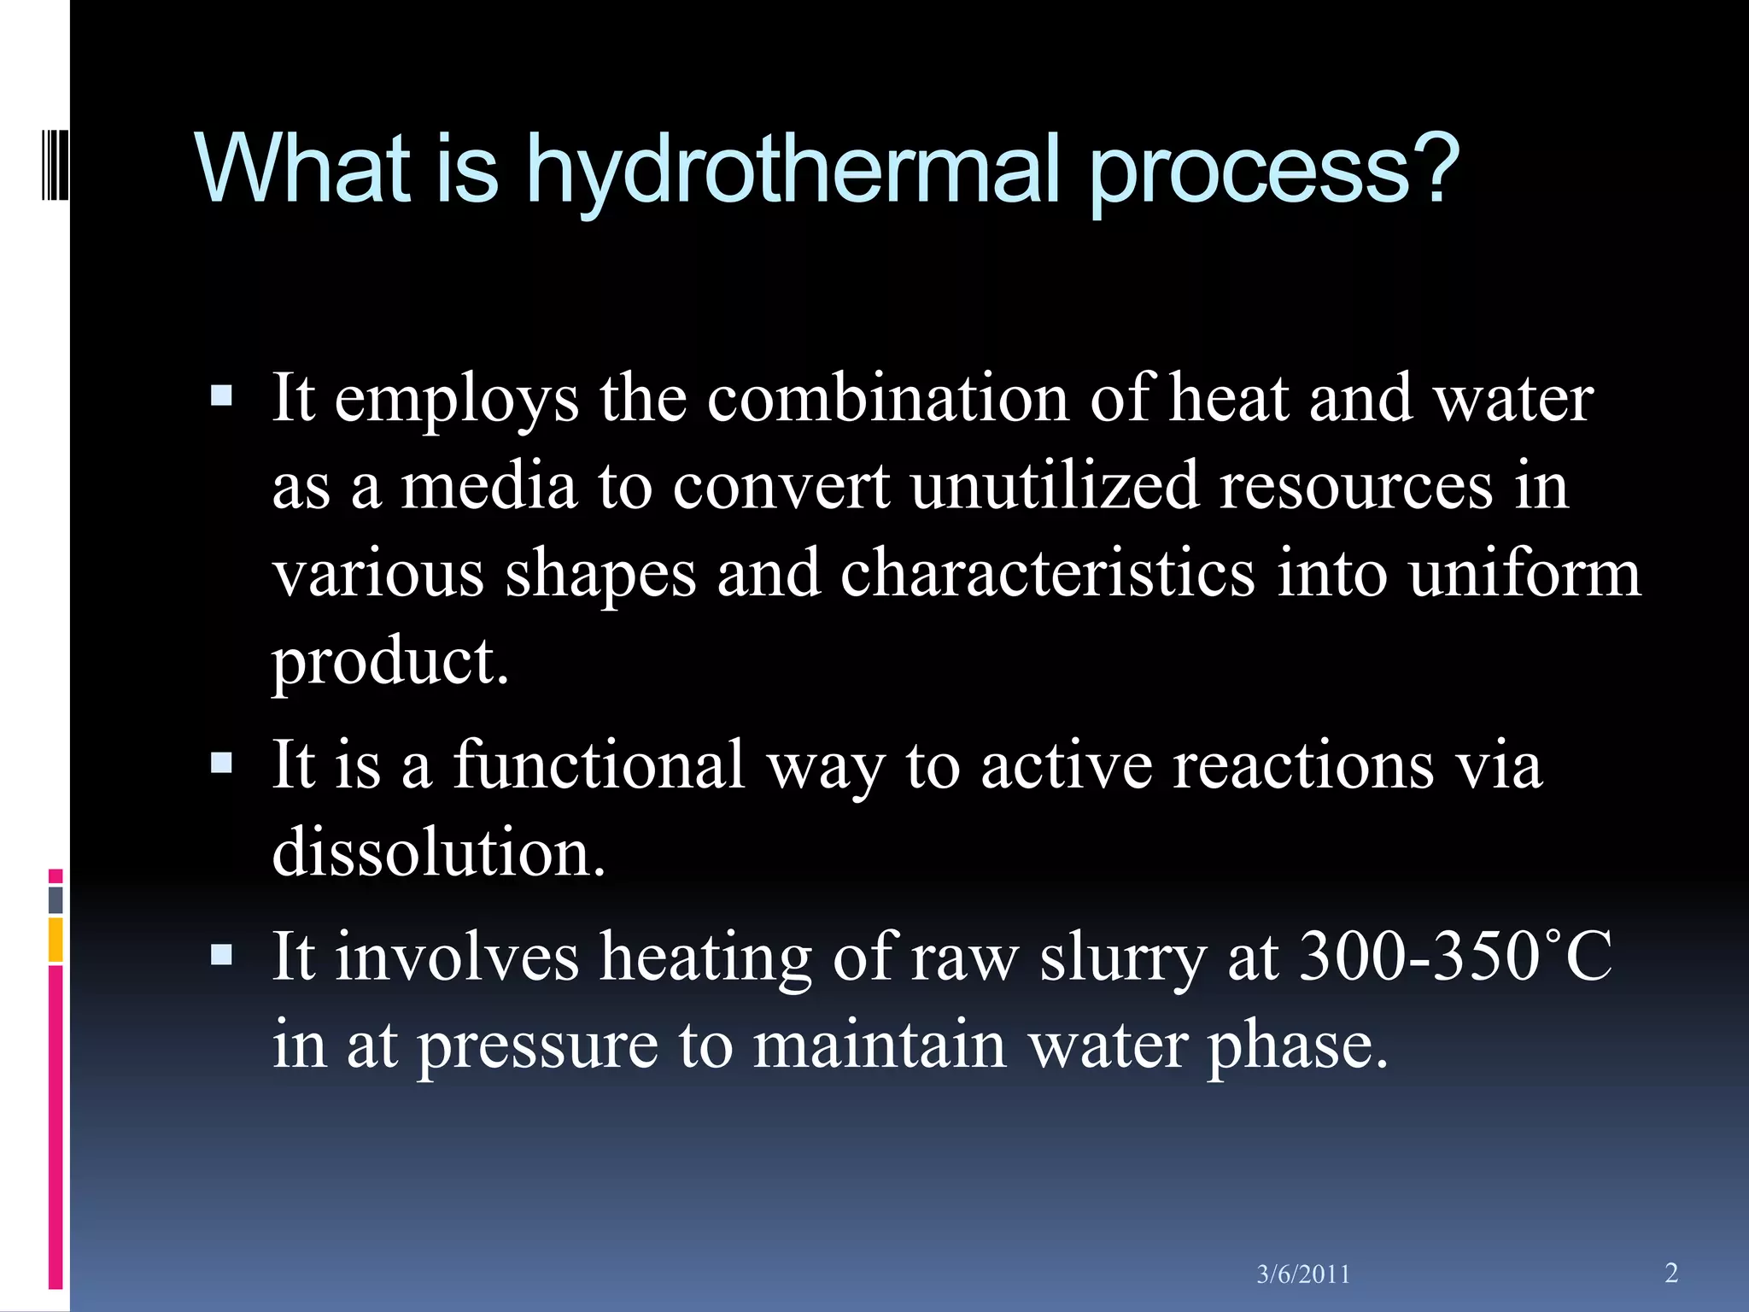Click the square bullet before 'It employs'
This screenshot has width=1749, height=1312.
pyautogui.click(x=221, y=395)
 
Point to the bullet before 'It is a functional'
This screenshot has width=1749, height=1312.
pyautogui.click(x=221, y=762)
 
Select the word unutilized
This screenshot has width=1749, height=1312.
pyautogui.click(x=1054, y=485)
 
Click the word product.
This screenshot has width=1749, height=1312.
pyautogui.click(x=390, y=661)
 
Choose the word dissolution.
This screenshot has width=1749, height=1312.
pyautogui.click(x=438, y=852)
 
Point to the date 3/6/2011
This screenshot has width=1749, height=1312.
pyautogui.click(x=1303, y=1274)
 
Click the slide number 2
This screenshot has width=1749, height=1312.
pyautogui.click(x=1671, y=1273)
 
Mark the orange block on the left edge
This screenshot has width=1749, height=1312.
pyautogui.click(x=56, y=940)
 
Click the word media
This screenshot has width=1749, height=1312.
pyautogui.click(x=488, y=485)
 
